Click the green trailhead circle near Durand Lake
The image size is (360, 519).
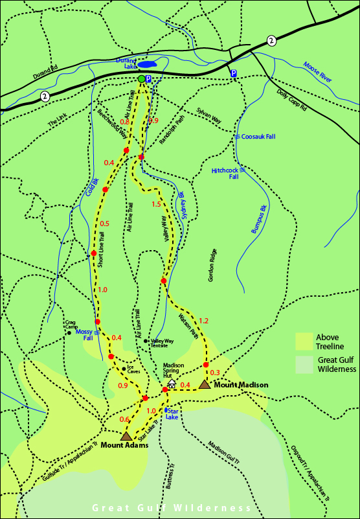[141, 79]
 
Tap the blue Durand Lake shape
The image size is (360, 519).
[146, 65]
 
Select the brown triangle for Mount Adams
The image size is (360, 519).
[126, 436]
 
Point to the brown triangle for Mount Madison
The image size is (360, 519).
[205, 384]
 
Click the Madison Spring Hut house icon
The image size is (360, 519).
[172, 384]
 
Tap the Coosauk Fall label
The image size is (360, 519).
[258, 137]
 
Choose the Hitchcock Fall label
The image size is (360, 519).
[225, 174]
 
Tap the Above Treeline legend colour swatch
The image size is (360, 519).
[304, 341]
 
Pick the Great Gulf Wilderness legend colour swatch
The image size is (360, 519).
[304, 365]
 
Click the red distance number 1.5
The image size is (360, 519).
[156, 205]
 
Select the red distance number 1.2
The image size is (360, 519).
[204, 321]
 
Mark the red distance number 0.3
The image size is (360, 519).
[215, 372]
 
